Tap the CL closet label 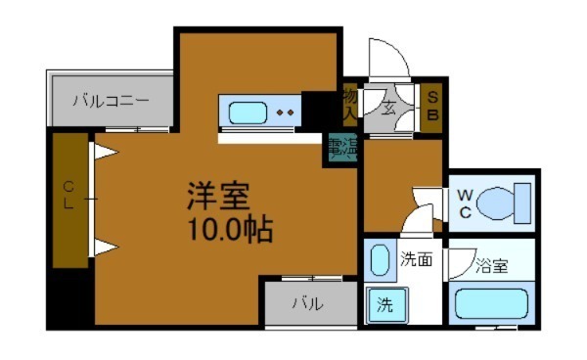click(69, 196)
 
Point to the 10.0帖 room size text click(224, 232)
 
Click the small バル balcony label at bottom click(307, 303)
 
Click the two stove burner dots click(285, 112)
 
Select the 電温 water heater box click(340, 149)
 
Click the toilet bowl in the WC click(503, 203)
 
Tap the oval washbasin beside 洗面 click(380, 262)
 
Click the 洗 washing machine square click(383, 305)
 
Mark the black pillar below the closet click(69, 298)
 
